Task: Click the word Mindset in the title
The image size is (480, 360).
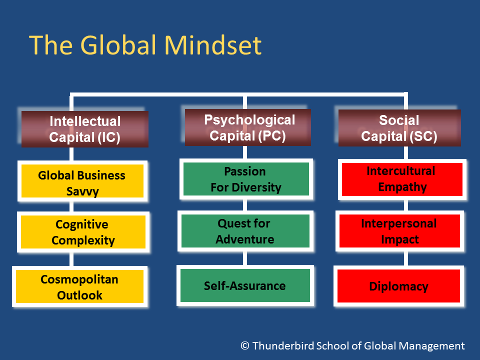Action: pos(213,45)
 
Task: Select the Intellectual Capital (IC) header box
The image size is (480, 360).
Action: pos(85,129)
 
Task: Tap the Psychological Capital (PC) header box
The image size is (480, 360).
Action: pos(247,127)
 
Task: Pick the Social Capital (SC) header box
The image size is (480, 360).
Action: pos(399,128)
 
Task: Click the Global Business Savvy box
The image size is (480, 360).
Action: pos(82,181)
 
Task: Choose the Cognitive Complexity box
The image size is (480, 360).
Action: pos(83,232)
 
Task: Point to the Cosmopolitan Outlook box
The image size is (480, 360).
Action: pos(79,286)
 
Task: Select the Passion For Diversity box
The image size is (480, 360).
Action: pos(246,179)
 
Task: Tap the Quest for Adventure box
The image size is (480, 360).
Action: pos(245,231)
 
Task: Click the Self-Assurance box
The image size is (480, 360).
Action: pos(245,285)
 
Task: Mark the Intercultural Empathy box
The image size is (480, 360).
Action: pos(402,179)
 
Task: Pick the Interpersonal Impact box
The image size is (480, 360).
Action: pos(400,231)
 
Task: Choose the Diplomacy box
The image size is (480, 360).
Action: pos(399,286)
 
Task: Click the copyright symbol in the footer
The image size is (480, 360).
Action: pos(245,345)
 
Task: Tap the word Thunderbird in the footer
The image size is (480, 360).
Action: pos(283,345)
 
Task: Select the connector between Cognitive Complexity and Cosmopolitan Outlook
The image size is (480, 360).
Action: pos(71,259)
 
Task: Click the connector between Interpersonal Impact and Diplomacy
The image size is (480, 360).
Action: pos(406,258)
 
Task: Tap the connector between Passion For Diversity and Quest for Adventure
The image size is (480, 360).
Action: pos(245,205)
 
